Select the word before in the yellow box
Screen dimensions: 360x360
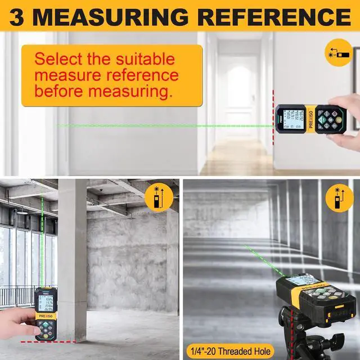click(x=61, y=90)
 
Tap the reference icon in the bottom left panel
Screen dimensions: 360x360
click(x=155, y=197)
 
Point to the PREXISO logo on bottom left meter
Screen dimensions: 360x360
click(x=44, y=317)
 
